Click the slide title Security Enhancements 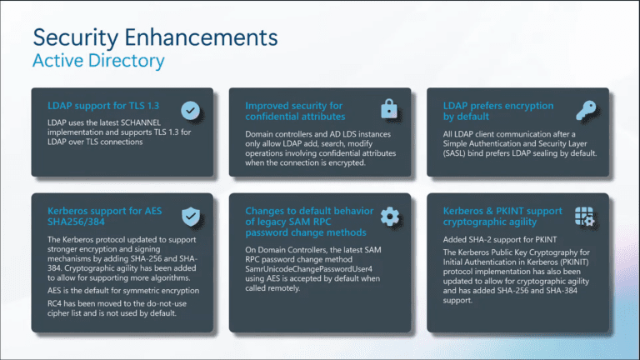pyautogui.click(x=154, y=37)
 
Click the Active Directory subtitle pyautogui.click(x=97, y=61)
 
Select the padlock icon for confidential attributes pyautogui.click(x=388, y=109)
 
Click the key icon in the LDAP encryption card pyautogui.click(x=586, y=109)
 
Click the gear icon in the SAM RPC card pyautogui.click(x=388, y=217)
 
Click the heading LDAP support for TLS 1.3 pyautogui.click(x=102, y=106)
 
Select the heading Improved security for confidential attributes pyautogui.click(x=293, y=112)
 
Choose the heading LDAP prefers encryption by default pyautogui.click(x=498, y=112)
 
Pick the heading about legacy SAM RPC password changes pyautogui.click(x=305, y=222)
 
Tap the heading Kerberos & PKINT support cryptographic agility pyautogui.click(x=502, y=217)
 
